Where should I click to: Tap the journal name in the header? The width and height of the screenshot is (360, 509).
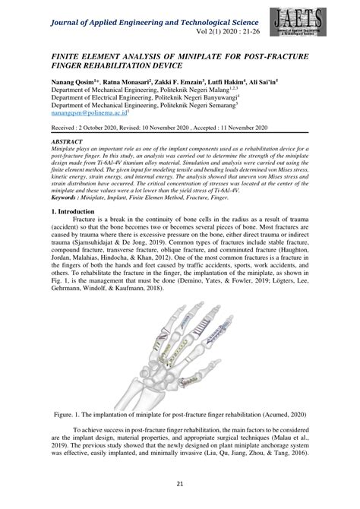click(x=152, y=10)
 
